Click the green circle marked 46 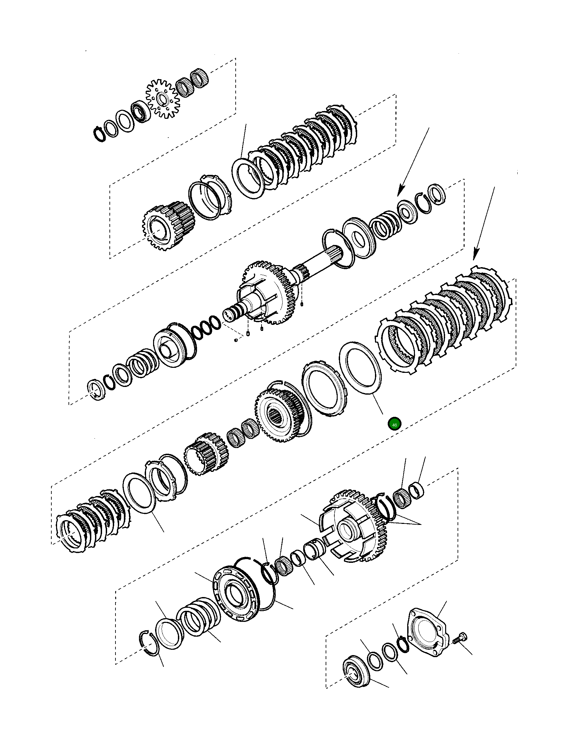tap(394, 424)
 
